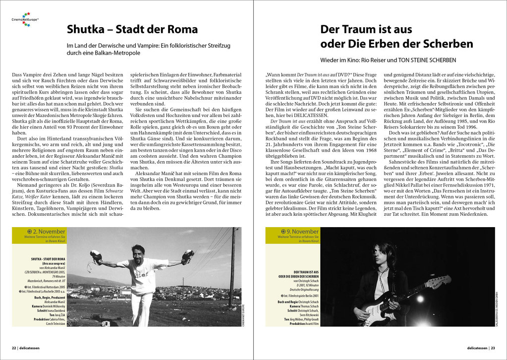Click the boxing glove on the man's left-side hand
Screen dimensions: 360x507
coord(96,257)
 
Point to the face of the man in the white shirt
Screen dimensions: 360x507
coord(138,251)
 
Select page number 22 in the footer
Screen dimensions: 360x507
coord(15,348)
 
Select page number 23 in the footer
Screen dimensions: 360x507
coord(493,348)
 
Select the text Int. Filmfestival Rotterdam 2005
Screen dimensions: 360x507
coord(43,287)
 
